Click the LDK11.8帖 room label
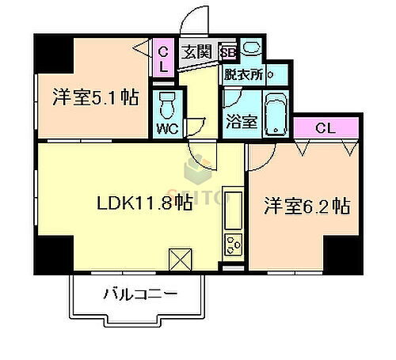click(x=144, y=203)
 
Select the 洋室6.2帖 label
click(x=307, y=207)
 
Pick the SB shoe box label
click(x=228, y=52)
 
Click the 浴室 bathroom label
click(x=241, y=122)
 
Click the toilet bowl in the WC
click(x=167, y=104)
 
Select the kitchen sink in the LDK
click(x=234, y=207)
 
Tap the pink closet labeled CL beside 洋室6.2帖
click(x=323, y=127)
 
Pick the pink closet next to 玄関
click(x=164, y=58)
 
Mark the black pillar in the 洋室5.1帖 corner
click(x=52, y=52)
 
